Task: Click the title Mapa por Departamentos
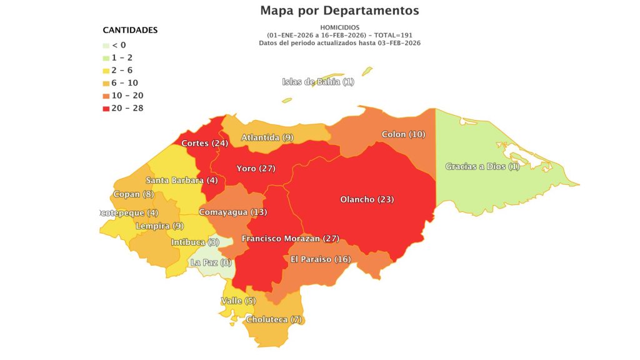[x=339, y=11]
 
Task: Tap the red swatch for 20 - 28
[x=106, y=108]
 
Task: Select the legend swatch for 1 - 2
[x=106, y=57]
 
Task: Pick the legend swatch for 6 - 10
[x=106, y=83]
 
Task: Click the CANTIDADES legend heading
[x=130, y=30]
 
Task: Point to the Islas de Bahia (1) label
[x=318, y=82]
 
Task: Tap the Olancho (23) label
[x=367, y=199]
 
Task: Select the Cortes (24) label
[x=204, y=143]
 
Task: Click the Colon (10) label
[x=403, y=134]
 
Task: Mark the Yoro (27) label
[x=256, y=168]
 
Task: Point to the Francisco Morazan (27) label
[x=290, y=239]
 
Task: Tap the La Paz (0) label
[x=211, y=262]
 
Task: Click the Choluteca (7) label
[x=274, y=319]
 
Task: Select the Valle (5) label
[x=239, y=301]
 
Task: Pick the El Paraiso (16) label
[x=321, y=259]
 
